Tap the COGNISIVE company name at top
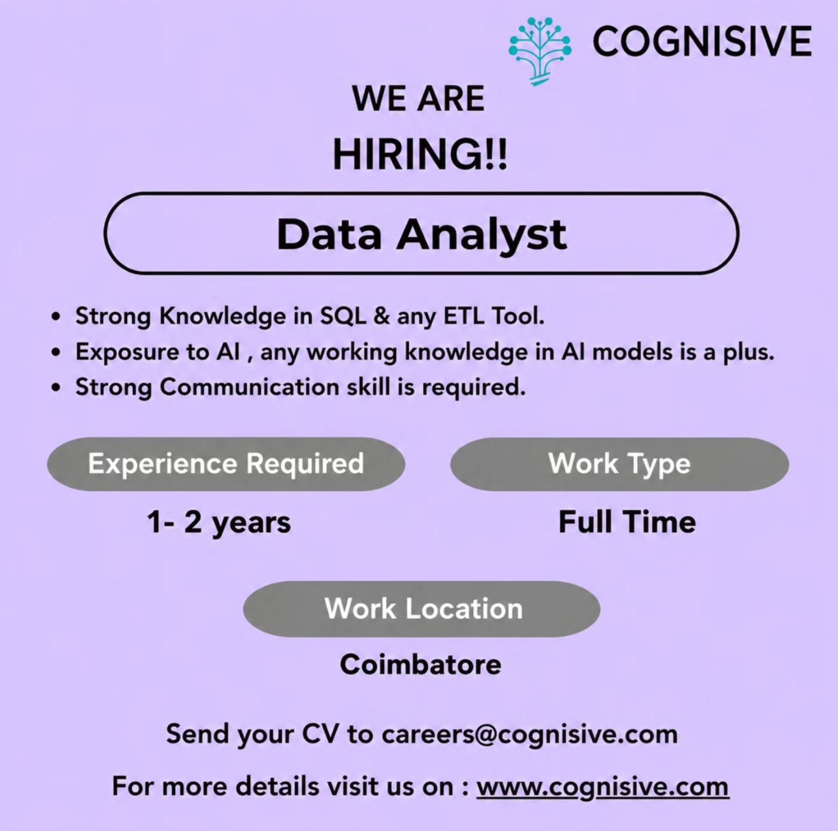click(702, 41)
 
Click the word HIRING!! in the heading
click(421, 156)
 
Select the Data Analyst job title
click(422, 234)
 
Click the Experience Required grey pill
click(226, 464)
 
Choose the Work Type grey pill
click(620, 464)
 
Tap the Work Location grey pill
click(422, 609)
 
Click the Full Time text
click(627, 522)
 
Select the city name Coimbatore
click(421, 664)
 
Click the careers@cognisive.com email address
click(530, 734)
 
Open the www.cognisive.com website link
click(602, 787)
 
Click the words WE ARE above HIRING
click(418, 98)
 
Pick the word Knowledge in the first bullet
click(222, 316)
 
